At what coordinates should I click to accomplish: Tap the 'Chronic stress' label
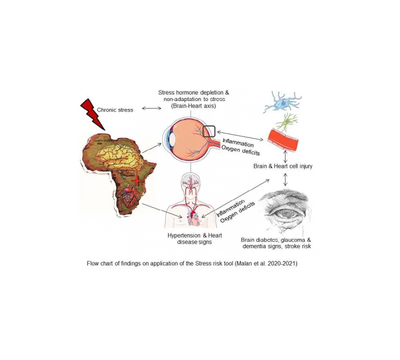[115, 109]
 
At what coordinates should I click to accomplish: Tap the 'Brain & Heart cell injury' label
[283, 166]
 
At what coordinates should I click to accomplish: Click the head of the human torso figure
[190, 181]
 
